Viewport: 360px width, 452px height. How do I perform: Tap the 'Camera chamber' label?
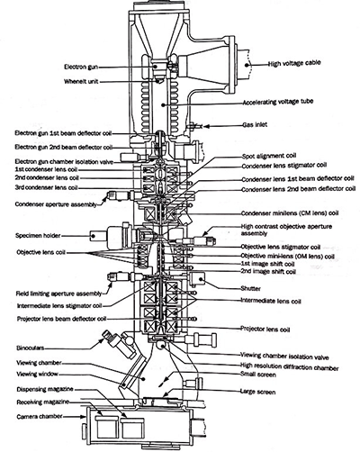point(39,418)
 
